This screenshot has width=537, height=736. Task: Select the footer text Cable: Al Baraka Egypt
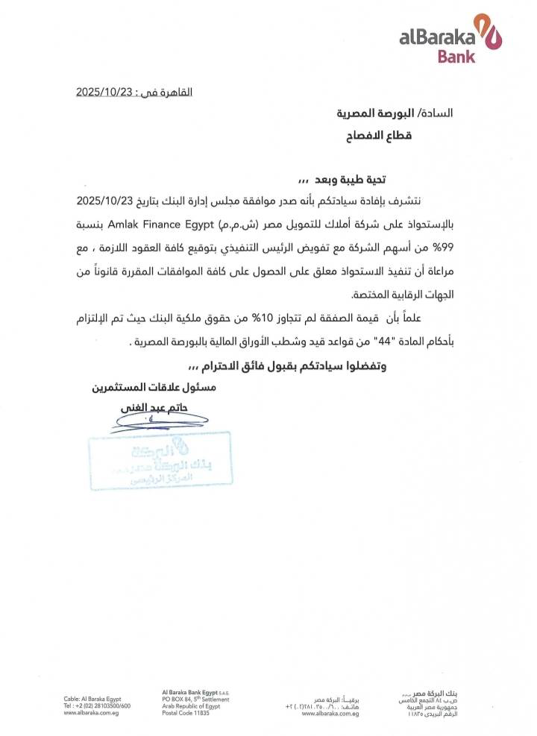tap(92, 699)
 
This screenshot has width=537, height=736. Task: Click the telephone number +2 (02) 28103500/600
tap(97, 706)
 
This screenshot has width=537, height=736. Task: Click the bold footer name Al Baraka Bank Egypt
tap(189, 692)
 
